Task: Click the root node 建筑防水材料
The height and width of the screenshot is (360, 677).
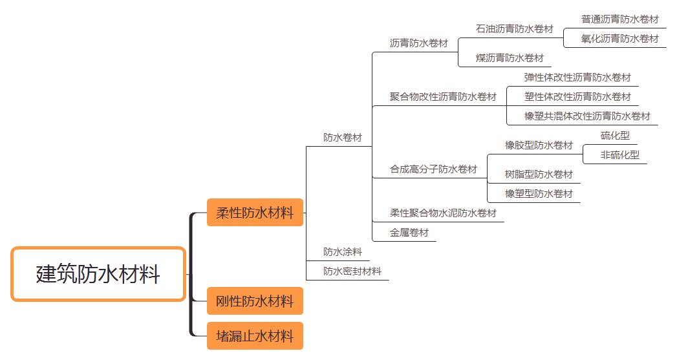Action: click(x=98, y=274)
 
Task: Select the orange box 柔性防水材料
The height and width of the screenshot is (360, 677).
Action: click(x=255, y=213)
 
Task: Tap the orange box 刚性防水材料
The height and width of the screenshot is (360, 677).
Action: click(x=255, y=301)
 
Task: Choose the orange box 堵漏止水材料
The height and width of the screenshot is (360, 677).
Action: click(x=255, y=336)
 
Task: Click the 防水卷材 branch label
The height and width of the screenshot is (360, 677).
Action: click(x=343, y=138)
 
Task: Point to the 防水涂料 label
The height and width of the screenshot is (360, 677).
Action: click(x=343, y=251)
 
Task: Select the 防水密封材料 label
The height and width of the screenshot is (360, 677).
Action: click(x=352, y=271)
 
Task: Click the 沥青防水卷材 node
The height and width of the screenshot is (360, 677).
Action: click(x=418, y=43)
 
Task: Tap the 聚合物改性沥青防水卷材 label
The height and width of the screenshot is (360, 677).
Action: click(x=443, y=97)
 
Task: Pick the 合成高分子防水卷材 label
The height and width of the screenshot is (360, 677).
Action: click(x=433, y=169)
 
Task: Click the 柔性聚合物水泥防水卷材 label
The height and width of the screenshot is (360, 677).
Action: click(x=443, y=213)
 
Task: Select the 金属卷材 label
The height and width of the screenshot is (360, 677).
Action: click(x=409, y=233)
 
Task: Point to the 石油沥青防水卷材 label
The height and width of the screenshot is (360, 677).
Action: click(x=514, y=29)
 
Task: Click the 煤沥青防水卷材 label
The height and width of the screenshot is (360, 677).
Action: click(x=510, y=58)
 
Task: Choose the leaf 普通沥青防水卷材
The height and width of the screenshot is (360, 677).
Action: click(x=619, y=19)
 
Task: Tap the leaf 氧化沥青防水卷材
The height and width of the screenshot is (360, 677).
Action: click(x=619, y=39)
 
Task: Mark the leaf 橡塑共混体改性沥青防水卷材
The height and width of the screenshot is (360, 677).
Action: click(x=587, y=116)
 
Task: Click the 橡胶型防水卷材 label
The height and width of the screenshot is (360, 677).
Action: click(x=539, y=145)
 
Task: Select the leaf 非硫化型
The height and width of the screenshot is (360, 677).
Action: click(x=619, y=155)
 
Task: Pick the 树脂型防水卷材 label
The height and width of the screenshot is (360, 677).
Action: click(x=539, y=175)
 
